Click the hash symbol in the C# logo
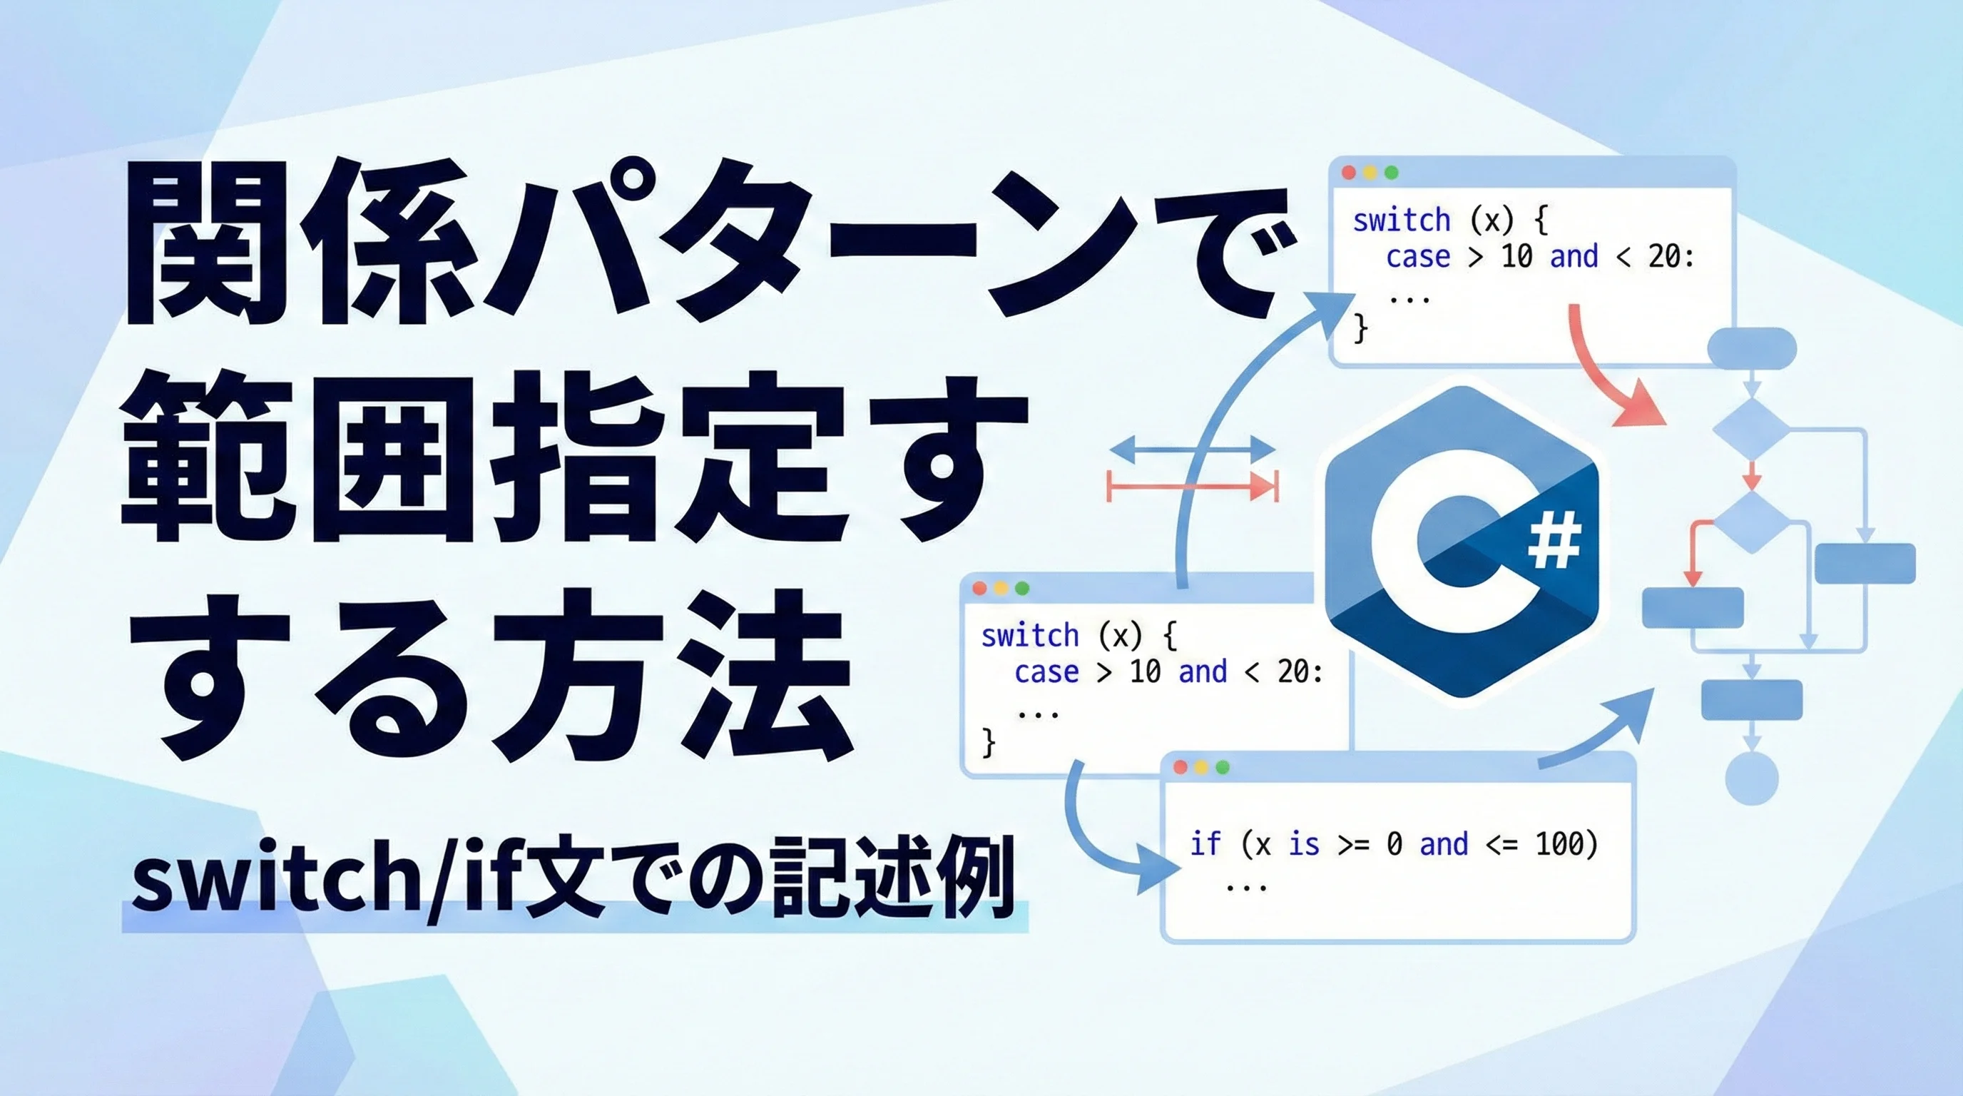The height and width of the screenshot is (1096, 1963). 1554,540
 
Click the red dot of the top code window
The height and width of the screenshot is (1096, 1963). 1348,173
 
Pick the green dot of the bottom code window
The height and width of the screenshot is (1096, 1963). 1223,767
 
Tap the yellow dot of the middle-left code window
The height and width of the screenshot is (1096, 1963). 1001,588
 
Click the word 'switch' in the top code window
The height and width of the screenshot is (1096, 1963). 1402,220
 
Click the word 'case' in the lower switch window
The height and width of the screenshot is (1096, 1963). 1046,672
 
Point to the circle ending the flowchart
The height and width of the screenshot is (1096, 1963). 1752,778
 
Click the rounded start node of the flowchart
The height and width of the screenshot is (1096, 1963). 1752,348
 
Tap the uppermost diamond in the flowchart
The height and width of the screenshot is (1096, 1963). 1752,429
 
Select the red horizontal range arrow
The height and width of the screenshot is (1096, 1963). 1193,486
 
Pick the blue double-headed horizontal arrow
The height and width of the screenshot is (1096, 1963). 1193,449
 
